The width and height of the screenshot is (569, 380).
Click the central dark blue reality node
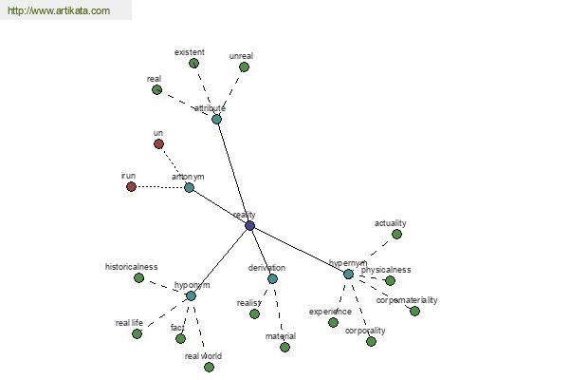coord(249,226)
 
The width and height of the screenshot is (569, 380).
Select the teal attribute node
coord(217,120)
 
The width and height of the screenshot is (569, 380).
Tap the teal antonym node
coord(189,187)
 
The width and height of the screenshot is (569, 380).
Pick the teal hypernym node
coord(348,275)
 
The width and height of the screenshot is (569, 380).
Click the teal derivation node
coord(272,278)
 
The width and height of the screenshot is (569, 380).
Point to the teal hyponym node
coord(191,295)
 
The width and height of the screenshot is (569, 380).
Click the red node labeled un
coord(158,144)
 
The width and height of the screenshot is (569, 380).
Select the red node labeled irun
coord(132,186)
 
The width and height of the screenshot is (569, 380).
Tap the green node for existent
coord(193,64)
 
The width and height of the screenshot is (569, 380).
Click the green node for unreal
coord(244,66)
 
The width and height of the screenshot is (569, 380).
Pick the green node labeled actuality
coord(396,234)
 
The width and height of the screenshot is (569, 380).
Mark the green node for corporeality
coord(371,341)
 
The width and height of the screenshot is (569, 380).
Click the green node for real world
coord(209,367)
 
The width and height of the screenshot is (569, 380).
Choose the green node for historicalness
coord(138,278)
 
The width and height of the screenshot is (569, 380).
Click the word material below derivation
coord(280,336)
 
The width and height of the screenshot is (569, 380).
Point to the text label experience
coord(330,312)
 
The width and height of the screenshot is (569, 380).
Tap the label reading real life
coord(129,323)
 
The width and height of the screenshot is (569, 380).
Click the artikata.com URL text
coord(59,11)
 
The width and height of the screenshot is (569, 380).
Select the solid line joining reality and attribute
coord(233,173)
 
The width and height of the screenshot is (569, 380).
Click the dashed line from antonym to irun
coord(159,187)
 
